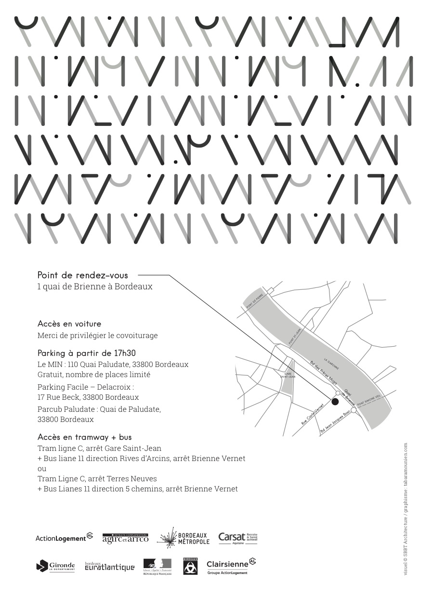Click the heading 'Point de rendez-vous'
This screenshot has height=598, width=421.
pos(83,275)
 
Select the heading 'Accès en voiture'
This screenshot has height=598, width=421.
pos(69,324)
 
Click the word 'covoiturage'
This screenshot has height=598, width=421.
pos(136,336)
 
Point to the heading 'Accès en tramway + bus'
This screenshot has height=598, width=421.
pos(85,437)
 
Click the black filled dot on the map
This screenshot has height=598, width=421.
pos(335,401)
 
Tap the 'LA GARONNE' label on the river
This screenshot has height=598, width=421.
pos(331,364)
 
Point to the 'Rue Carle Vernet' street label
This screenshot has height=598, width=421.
pos(313,414)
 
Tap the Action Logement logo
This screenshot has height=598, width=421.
pos(64,538)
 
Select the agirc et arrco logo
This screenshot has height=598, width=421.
pos(125,538)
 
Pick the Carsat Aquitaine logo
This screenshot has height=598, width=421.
pos(238,538)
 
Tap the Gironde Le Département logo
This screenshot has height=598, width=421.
pos(55,566)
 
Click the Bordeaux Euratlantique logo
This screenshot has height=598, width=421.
pos(109,567)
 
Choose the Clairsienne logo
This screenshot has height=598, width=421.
pos(231,566)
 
